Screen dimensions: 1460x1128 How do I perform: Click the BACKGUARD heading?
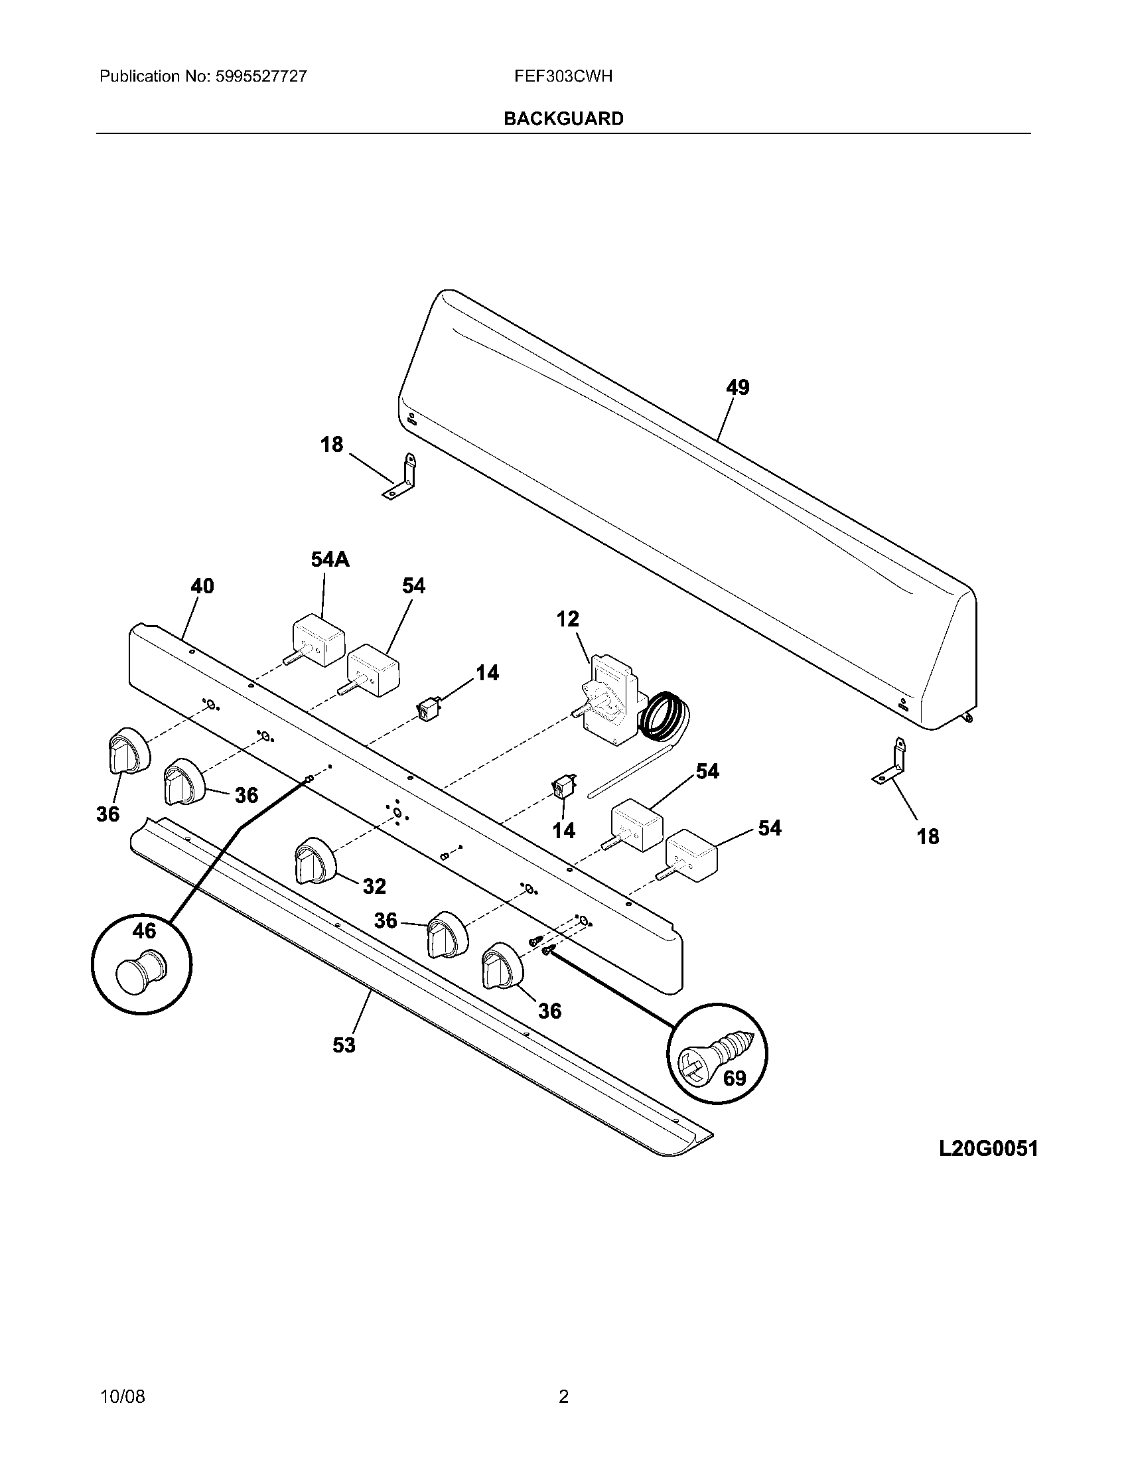point(563,118)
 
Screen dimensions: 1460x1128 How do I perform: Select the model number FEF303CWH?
point(563,76)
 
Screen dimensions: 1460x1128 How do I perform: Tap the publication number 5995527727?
point(261,76)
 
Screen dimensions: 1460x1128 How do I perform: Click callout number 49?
point(738,387)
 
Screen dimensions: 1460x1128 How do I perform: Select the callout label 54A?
point(330,559)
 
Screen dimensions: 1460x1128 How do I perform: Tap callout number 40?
point(202,586)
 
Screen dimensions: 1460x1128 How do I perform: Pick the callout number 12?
point(567,619)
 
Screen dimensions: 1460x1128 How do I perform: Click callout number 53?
point(344,1044)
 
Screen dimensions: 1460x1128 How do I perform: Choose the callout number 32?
point(374,886)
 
